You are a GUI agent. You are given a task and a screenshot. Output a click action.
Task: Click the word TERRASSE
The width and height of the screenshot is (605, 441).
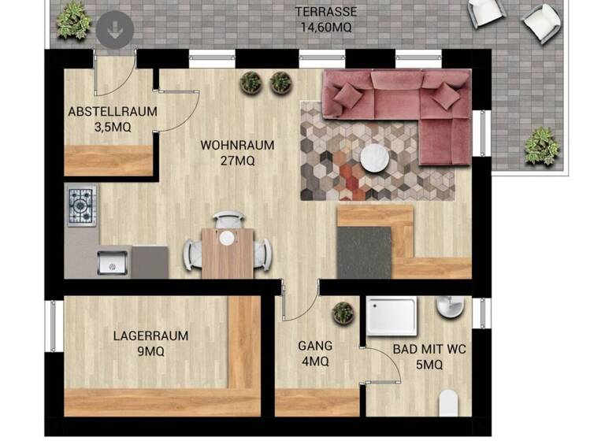point(325,12)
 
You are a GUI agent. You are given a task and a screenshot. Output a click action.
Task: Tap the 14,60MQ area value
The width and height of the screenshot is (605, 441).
point(325,27)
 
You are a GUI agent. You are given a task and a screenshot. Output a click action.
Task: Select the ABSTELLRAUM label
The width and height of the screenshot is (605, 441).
point(112,112)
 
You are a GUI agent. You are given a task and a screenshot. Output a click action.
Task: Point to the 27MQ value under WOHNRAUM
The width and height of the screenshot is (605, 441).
point(237,161)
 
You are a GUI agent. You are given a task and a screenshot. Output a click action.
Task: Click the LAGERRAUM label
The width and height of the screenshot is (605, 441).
point(150,335)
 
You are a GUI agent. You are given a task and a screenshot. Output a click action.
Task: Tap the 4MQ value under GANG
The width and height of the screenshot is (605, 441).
point(314,361)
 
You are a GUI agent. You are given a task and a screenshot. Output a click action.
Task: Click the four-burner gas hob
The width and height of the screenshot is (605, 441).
point(81,206)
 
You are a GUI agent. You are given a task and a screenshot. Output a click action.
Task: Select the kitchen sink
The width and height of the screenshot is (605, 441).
point(113,261)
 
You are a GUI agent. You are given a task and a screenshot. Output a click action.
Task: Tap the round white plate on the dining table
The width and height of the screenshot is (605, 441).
point(227,238)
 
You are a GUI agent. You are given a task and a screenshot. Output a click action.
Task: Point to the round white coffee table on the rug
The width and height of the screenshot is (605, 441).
point(376,158)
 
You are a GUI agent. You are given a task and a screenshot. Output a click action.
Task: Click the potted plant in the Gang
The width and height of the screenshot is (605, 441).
point(343,313)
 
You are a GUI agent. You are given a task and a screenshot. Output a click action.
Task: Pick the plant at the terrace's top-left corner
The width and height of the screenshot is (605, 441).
point(73,19)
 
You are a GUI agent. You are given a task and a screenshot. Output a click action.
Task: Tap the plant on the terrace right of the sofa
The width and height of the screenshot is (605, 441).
point(542,146)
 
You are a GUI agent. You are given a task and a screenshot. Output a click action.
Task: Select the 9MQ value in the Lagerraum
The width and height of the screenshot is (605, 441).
point(150,352)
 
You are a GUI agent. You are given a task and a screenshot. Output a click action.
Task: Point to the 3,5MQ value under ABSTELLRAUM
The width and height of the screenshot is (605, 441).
point(112,127)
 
